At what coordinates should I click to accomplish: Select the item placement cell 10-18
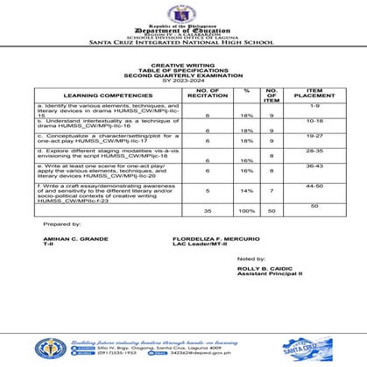tap(315, 120)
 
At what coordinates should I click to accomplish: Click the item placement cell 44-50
tap(315, 186)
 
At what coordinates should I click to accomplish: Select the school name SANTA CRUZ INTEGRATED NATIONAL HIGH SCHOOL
tap(183, 41)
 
